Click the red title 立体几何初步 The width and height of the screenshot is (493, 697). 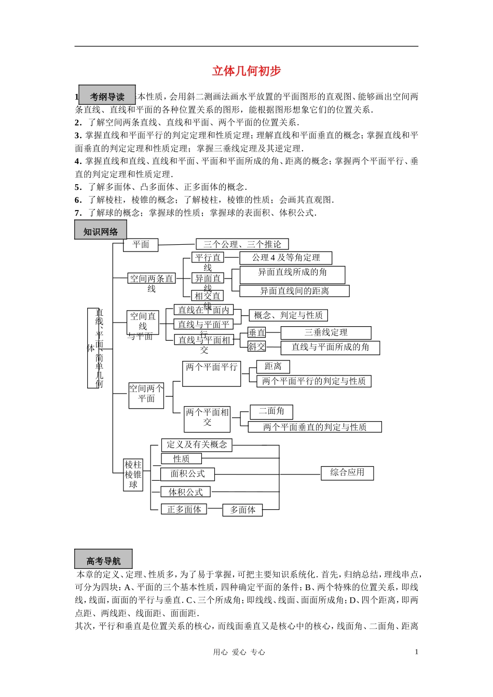click(246, 71)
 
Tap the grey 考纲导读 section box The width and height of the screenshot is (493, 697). click(107, 96)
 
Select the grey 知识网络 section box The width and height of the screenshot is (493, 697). click(101, 231)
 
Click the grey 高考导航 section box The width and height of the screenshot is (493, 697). click(103, 560)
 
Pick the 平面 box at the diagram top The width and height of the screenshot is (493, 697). click(141, 245)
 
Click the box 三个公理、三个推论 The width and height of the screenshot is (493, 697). click(242, 244)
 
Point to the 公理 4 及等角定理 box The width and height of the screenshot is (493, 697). click(285, 258)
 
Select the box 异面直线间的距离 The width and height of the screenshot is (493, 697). click(294, 291)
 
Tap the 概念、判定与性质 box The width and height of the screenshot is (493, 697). click(288, 315)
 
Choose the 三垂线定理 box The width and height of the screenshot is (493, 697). click(326, 333)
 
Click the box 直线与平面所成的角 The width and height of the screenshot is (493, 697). click(330, 347)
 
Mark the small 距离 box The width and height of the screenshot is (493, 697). click(273, 367)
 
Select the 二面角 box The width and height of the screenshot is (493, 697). click(271, 412)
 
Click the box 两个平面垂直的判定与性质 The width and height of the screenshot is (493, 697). click(314, 427)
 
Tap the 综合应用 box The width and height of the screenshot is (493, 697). click(347, 472)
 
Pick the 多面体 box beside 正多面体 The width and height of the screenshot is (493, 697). click(242, 510)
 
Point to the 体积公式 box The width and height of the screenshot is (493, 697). click(185, 492)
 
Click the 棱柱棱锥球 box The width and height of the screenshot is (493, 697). click(133, 475)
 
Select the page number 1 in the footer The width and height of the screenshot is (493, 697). click(416, 652)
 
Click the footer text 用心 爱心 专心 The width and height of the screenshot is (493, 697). click(239, 652)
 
